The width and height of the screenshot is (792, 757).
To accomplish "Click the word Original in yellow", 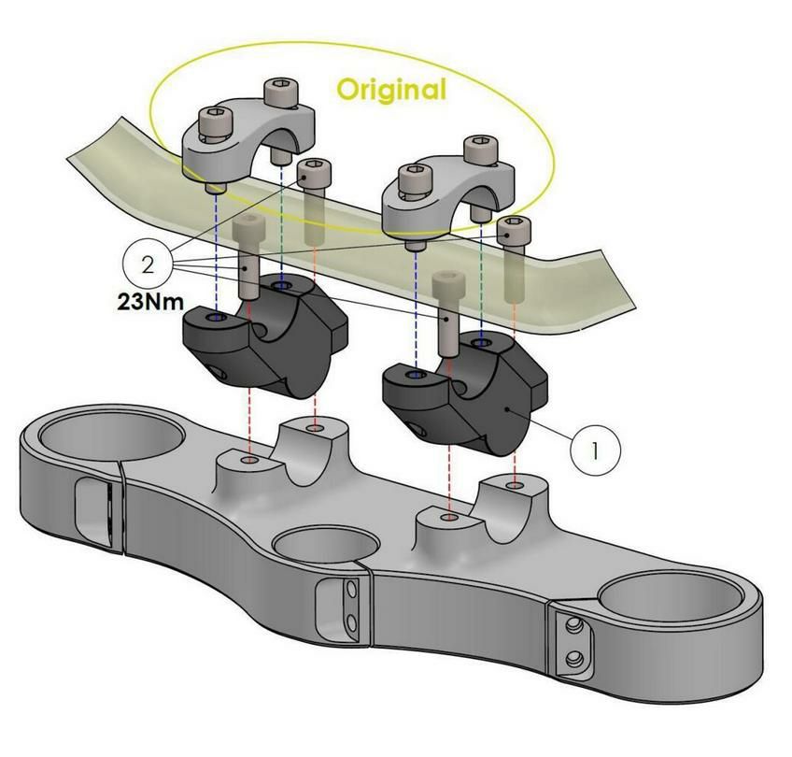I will coord(391,90).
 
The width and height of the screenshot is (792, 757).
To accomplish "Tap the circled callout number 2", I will coord(148,264).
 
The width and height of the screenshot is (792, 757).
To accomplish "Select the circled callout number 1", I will coord(595,450).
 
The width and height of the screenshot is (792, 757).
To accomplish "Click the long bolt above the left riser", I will coord(247,252).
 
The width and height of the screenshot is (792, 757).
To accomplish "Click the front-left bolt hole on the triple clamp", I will coord(248,462).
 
